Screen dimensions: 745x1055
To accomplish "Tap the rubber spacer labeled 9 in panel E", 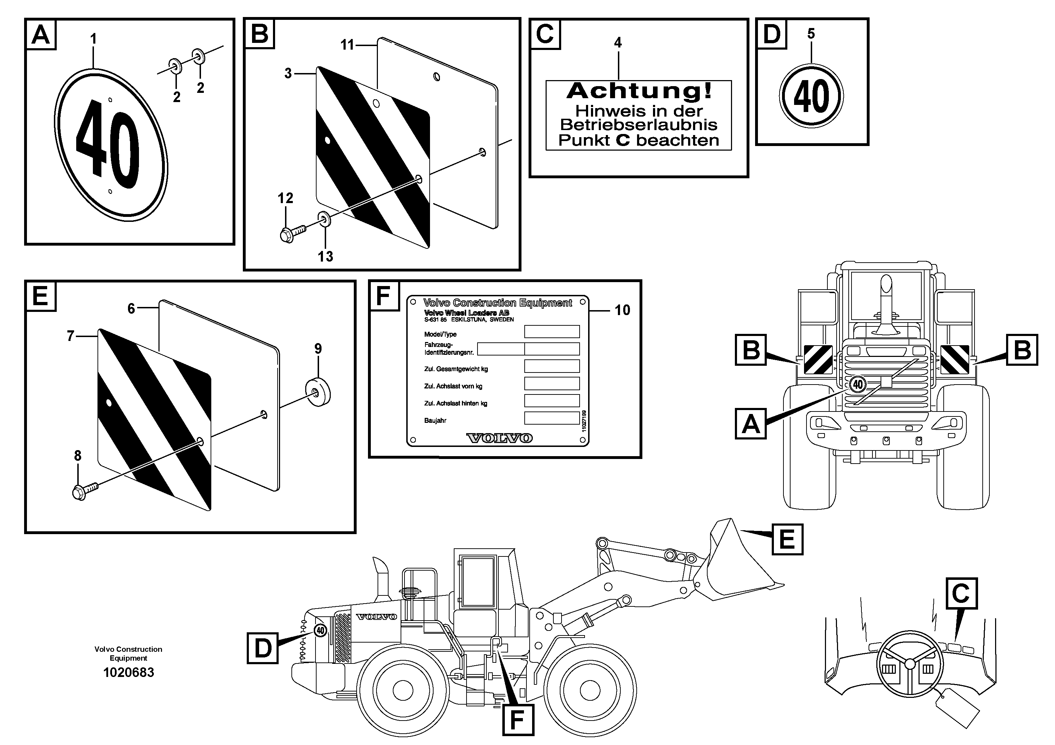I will [318, 392].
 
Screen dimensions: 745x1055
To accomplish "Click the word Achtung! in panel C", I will [639, 91].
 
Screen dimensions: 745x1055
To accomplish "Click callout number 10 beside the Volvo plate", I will [622, 310].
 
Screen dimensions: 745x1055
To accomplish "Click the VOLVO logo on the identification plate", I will [499, 438].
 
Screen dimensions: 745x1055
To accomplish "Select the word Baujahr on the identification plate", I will [435, 420].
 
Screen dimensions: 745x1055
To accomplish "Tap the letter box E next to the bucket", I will [787, 539].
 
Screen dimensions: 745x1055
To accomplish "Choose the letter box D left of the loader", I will [262, 648].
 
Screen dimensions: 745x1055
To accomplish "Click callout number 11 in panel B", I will [347, 45].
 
